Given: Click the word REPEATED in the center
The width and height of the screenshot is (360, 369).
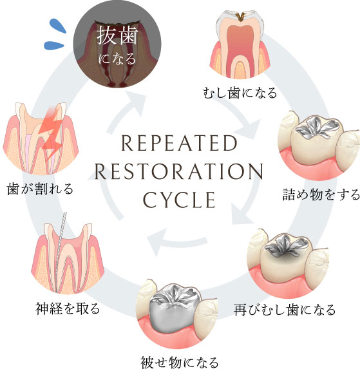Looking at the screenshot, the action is (x=179, y=143).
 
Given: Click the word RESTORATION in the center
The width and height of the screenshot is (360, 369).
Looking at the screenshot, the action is (x=179, y=171).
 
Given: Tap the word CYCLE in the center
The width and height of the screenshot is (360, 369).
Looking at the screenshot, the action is (x=179, y=200).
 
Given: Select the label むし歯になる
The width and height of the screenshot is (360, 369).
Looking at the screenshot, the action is (x=240, y=93).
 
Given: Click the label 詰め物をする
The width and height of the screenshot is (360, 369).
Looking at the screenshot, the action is (x=321, y=194).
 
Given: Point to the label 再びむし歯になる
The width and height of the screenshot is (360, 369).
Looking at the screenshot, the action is (x=285, y=310).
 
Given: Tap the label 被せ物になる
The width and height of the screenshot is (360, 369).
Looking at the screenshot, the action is (x=180, y=363).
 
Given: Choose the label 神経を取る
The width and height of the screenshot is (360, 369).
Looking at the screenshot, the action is (x=68, y=308).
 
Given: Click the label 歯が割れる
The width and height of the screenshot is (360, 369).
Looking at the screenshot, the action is (x=40, y=189).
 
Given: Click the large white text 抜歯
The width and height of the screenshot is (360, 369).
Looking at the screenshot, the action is (x=117, y=35).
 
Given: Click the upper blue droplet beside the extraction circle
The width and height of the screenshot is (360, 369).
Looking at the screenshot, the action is (x=58, y=25).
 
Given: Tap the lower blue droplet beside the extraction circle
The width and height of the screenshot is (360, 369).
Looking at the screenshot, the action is (x=54, y=45).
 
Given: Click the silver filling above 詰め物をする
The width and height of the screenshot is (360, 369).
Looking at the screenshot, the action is (x=317, y=128).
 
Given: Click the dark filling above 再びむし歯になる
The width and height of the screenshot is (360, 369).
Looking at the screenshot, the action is (x=287, y=247).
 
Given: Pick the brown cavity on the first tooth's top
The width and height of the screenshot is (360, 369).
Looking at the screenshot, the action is (x=240, y=16).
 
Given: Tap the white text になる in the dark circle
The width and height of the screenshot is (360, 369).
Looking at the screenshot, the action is (x=117, y=59).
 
